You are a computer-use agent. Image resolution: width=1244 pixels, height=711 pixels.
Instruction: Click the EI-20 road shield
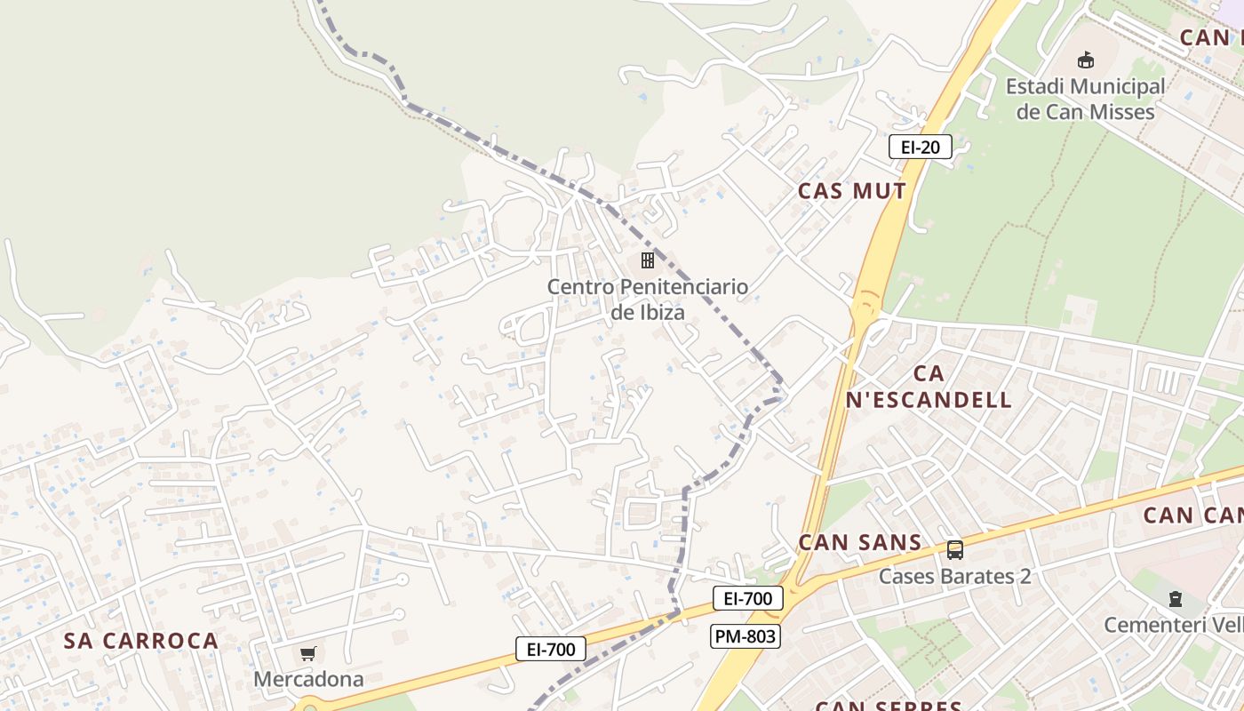(920, 147)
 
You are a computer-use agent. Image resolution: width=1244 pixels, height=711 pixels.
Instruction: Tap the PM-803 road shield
(745, 635)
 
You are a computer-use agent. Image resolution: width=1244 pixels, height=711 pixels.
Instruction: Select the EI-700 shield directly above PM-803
(747, 598)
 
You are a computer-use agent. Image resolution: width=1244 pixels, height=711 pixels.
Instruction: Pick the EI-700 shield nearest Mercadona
(551, 649)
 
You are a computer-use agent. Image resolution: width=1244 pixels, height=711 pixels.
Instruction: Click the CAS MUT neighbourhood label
(851, 191)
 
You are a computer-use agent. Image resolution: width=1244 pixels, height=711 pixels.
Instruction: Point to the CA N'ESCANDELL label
(929, 387)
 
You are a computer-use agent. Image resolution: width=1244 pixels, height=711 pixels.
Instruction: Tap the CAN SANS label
(859, 542)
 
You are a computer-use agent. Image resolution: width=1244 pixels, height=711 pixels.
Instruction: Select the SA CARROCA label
(141, 641)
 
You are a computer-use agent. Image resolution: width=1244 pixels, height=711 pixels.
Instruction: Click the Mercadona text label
(308, 679)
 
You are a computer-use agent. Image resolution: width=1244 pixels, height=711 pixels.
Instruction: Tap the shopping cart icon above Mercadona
(308, 654)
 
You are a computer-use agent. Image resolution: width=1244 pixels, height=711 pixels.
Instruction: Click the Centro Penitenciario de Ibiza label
(647, 300)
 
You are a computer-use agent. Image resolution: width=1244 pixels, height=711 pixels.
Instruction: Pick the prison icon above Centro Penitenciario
(648, 260)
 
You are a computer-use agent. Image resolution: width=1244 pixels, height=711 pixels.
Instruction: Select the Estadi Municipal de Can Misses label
(1085, 99)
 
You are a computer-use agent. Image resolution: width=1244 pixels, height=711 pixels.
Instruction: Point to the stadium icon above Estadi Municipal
(1085, 60)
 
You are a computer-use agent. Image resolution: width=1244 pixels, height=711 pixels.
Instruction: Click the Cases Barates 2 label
(954, 576)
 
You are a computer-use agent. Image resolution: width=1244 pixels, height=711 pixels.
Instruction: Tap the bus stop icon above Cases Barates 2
(955, 550)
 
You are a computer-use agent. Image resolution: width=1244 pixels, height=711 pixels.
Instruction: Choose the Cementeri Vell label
(1173, 625)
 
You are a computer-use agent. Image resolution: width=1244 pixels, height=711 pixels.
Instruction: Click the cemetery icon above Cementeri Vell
(1176, 599)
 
